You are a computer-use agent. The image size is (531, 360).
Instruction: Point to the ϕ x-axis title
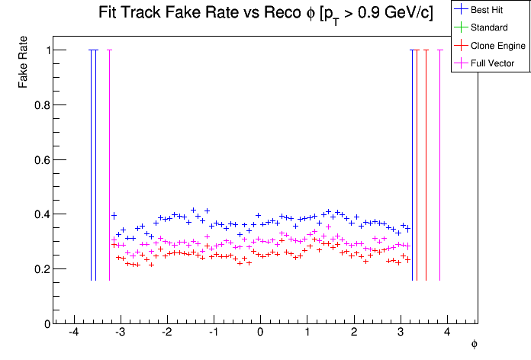click(474, 345)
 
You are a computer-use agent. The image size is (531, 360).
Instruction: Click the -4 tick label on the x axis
click(73, 334)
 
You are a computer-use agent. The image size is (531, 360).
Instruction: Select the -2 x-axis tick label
click(166, 334)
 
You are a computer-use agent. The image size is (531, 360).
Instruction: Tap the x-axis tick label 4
click(448, 334)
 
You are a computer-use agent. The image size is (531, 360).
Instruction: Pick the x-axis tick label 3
click(401, 334)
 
